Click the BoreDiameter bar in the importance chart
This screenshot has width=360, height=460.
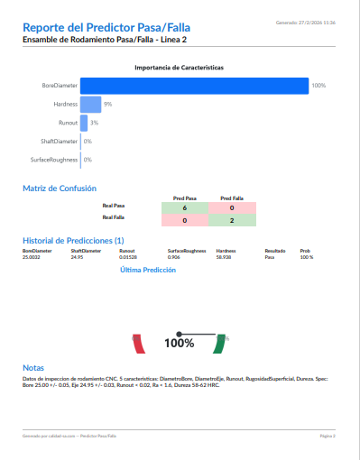click(x=194, y=86)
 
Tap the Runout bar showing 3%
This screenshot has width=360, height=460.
click(x=84, y=123)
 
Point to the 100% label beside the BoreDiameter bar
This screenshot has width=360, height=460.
click(x=318, y=86)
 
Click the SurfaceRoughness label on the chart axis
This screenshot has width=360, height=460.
click(x=54, y=160)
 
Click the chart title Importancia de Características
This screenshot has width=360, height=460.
click(x=180, y=68)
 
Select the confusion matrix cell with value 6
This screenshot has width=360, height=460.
click(x=184, y=207)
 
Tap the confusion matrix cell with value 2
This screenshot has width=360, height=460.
click(x=232, y=220)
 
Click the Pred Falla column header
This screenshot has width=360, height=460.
click(x=232, y=198)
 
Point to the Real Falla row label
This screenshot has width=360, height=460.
click(x=114, y=217)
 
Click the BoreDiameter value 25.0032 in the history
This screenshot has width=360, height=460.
click(x=32, y=257)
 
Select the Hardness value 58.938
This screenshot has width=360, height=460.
click(x=225, y=257)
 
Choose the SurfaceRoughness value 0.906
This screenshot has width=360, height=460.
click(x=174, y=257)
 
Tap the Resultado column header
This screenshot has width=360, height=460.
click(x=274, y=251)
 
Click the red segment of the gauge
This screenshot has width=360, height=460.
click(x=138, y=345)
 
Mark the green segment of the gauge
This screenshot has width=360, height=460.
click(x=219, y=345)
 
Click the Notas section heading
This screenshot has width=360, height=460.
click(x=32, y=368)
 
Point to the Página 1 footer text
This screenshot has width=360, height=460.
click(x=328, y=435)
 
